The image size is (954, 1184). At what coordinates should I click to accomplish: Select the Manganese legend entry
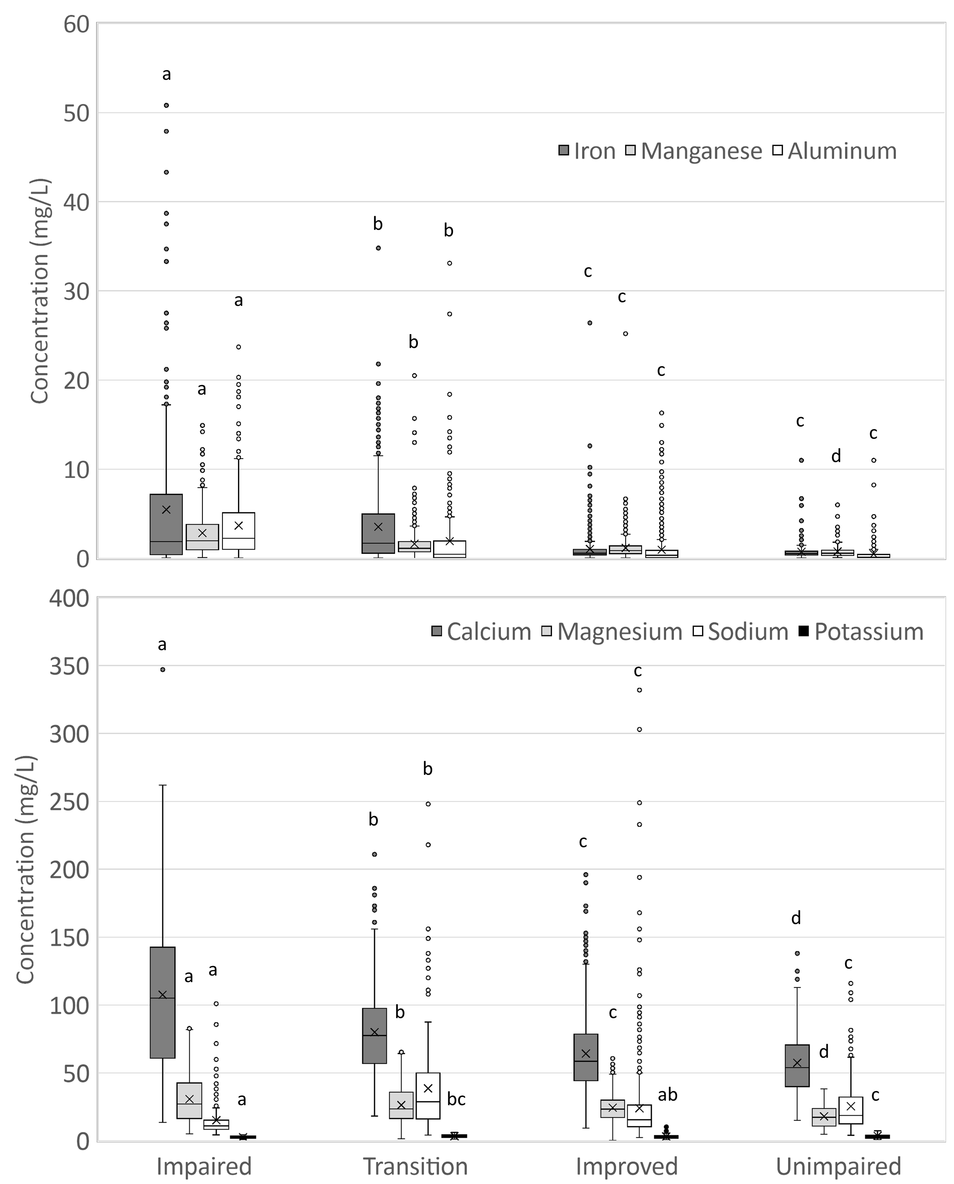694,151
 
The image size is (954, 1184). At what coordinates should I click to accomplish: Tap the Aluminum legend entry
835,151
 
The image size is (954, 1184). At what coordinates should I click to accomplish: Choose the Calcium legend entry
481,632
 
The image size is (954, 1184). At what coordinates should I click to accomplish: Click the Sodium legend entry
741,632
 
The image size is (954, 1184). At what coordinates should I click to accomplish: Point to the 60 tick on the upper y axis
76,24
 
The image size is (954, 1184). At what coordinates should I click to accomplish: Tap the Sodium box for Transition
428,1095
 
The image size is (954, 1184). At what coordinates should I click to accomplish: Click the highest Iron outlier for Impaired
166,105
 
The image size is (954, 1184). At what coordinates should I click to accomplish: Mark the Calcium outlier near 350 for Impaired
163,670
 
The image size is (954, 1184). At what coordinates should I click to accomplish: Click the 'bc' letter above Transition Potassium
456,1099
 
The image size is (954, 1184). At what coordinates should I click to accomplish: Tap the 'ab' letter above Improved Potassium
668,1094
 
